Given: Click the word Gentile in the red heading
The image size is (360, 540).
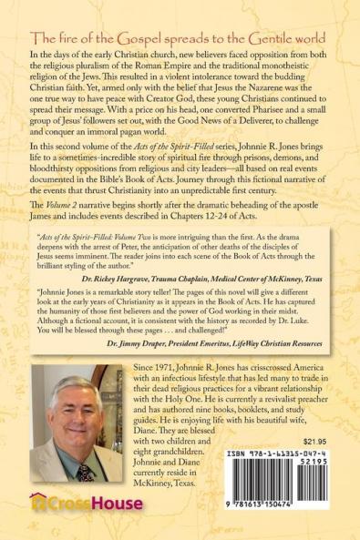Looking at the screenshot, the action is point(247,39).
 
